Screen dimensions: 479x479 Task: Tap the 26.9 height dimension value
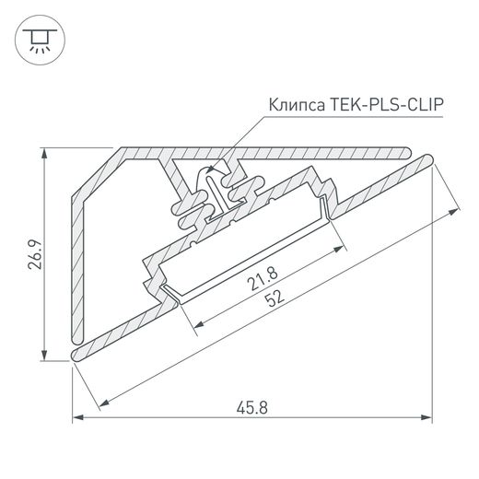pos(32,255)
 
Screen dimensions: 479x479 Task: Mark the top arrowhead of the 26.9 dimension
pos(45,150)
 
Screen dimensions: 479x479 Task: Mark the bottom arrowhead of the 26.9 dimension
pos(45,358)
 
